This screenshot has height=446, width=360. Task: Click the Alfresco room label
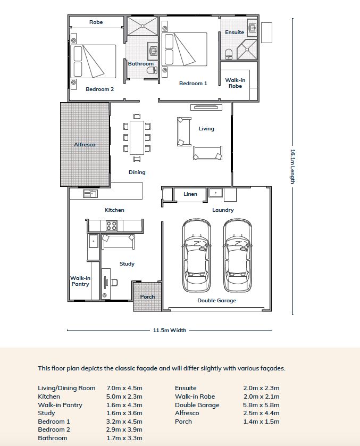tap(85, 144)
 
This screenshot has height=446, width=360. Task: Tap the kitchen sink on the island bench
tap(90, 194)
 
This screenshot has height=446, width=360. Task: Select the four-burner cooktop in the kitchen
tap(111, 226)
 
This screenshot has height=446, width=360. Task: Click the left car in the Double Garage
tap(196, 255)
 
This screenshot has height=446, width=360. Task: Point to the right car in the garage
tap(238, 255)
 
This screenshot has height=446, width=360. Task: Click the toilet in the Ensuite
tap(229, 54)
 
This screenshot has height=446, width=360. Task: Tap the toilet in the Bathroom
tap(152, 70)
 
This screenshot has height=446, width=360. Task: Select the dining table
tap(137, 138)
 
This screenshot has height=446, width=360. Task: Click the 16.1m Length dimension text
tap(292, 167)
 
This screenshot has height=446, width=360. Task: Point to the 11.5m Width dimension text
tap(170, 330)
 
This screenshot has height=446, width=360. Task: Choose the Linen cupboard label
tap(190, 194)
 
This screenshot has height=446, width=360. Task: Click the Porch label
tap(147, 296)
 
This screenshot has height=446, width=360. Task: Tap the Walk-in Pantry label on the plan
tap(80, 281)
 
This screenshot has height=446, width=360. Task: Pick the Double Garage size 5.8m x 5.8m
tap(261, 405)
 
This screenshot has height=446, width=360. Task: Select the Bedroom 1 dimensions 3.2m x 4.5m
tap(124, 422)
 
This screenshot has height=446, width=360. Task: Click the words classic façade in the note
tap(136, 368)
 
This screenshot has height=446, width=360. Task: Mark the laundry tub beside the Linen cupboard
tap(216, 193)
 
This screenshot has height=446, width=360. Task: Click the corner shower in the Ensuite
tap(247, 49)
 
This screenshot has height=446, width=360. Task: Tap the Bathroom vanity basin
tap(153, 51)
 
